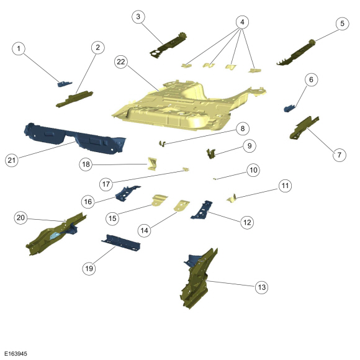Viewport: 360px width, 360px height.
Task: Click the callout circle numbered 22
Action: [x=121, y=62]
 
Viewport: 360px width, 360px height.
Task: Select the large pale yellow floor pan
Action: [x=184, y=108]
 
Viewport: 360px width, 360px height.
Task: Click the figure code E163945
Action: [x=16, y=354]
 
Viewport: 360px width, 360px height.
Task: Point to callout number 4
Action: [x=242, y=22]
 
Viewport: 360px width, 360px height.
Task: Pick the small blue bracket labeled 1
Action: [x=65, y=84]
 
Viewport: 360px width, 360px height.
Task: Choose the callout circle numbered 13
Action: [x=262, y=287]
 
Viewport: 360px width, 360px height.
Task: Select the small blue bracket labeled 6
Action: [x=290, y=109]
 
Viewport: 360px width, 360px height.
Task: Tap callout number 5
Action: [x=343, y=24]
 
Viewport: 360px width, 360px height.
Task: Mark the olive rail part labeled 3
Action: [x=168, y=45]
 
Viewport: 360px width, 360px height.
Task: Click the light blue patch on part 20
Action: [x=55, y=235]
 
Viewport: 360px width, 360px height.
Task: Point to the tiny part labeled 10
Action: [x=214, y=179]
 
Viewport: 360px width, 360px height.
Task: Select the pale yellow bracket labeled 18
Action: [x=152, y=164]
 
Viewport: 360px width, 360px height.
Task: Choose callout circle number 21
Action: [x=11, y=160]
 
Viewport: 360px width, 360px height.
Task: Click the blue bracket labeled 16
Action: [x=127, y=193]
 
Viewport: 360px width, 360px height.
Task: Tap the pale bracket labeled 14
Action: [x=181, y=205]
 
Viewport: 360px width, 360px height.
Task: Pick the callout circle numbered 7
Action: [x=340, y=155]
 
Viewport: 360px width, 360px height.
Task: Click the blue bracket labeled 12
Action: [x=202, y=210]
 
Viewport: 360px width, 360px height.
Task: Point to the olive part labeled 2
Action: [x=74, y=99]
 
